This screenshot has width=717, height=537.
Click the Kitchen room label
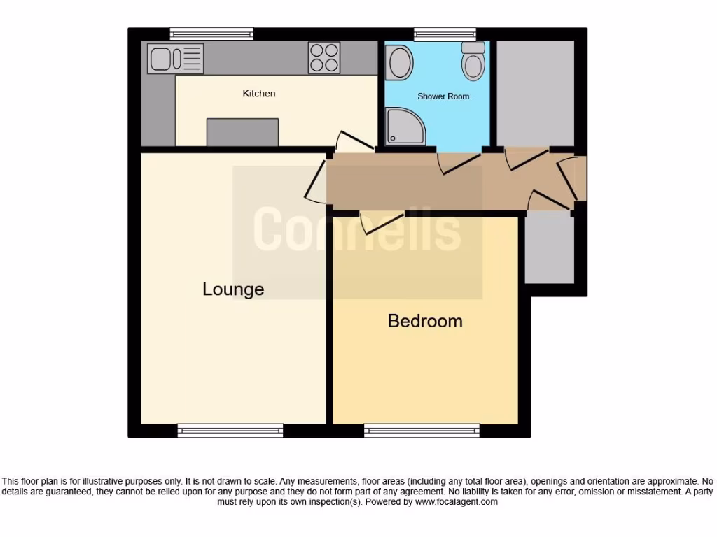click(x=259, y=94)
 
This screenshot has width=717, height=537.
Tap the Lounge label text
click(x=233, y=289)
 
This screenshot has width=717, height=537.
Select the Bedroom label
click(x=425, y=321)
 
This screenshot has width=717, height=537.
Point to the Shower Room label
click(x=443, y=96)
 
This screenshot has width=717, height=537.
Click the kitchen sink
click(x=176, y=58)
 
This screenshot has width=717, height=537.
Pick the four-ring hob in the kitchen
click(x=323, y=58)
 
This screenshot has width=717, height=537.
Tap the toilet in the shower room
click(x=474, y=61)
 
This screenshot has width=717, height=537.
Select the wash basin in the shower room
click(x=400, y=62)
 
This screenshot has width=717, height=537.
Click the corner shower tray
click(x=405, y=127)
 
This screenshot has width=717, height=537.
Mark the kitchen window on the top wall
click(x=211, y=33)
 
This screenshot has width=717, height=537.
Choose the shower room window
click(x=445, y=33)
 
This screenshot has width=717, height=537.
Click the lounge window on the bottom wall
click(x=230, y=431)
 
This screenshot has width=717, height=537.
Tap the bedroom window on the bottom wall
click(x=422, y=431)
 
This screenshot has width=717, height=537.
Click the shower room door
click(x=459, y=162)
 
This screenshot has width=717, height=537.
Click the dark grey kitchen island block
click(x=242, y=132)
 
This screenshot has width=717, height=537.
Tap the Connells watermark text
click(x=356, y=229)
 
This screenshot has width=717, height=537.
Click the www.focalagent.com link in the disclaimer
click(x=456, y=501)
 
